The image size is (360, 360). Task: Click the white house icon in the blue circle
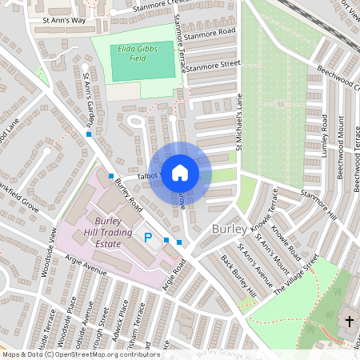coord(180,172)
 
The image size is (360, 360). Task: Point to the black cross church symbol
coord(349,322)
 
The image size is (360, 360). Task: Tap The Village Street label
coord(298,276)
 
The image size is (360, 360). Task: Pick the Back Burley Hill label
coord(239,278)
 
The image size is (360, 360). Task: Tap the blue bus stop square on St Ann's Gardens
coord(88,134)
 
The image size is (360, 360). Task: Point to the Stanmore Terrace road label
coord(179,44)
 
